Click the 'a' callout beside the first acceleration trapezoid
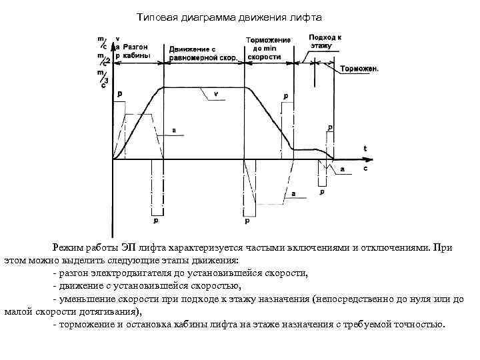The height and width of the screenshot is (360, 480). point(174,131)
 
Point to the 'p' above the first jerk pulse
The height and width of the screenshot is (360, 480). point(120,95)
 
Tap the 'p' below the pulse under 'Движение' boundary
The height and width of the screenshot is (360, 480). point(156,219)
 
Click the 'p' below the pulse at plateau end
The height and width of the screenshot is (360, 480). point(247,220)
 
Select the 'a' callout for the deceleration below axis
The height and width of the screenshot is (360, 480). point(293,193)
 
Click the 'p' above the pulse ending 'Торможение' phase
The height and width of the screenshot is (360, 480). point(286,96)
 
